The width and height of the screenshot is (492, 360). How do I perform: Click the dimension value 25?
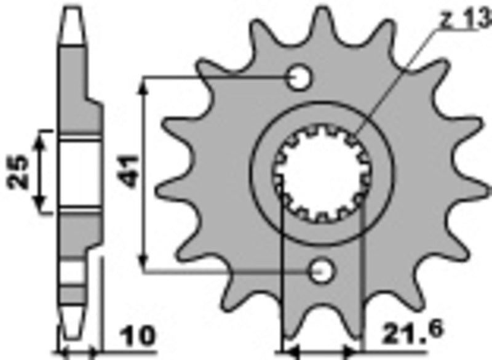(18, 172)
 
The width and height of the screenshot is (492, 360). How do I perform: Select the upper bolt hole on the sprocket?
(300, 78)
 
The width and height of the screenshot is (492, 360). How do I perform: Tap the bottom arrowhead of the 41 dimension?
(145, 262)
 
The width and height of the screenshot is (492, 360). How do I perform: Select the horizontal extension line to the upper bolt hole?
(215, 78)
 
